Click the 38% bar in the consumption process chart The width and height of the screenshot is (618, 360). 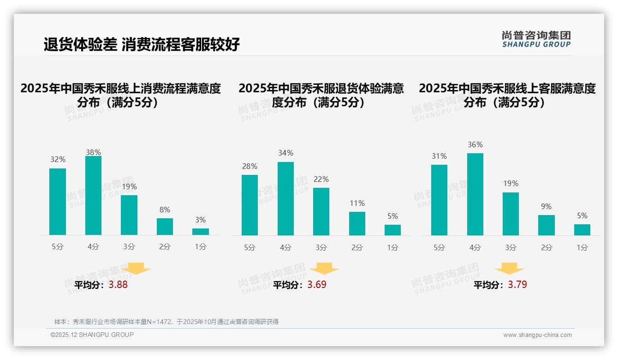pyautogui.click(x=93, y=196)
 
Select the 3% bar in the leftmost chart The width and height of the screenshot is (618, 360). pyautogui.click(x=201, y=232)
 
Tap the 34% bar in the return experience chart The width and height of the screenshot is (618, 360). pyautogui.click(x=285, y=198)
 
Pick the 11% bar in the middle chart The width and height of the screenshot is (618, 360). pyautogui.click(x=357, y=224)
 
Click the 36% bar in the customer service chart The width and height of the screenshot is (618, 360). pyautogui.click(x=475, y=194)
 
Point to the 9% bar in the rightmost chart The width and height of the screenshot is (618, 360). pyautogui.click(x=547, y=225)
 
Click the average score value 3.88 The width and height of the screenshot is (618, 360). pyautogui.click(x=118, y=285)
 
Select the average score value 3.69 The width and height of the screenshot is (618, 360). pyautogui.click(x=317, y=285)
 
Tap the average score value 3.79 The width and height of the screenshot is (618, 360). pyautogui.click(x=517, y=285)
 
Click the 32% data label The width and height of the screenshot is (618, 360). pyautogui.click(x=58, y=160)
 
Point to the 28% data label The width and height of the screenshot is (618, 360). pyautogui.click(x=250, y=167)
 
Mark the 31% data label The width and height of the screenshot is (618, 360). pyautogui.click(x=439, y=156)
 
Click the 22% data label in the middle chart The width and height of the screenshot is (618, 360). pyautogui.click(x=321, y=180)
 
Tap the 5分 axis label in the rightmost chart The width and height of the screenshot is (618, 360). pyautogui.click(x=439, y=248)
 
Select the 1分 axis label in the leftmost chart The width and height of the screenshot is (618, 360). pyautogui.click(x=201, y=247)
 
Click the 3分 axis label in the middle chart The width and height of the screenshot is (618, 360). pyautogui.click(x=321, y=248)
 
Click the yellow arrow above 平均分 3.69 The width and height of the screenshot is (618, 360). pyautogui.click(x=324, y=269)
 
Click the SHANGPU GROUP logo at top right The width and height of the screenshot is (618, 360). pyautogui.click(x=536, y=39)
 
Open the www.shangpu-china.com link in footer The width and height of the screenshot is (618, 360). pyautogui.click(x=537, y=335)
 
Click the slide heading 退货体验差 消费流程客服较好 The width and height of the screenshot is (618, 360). pyautogui.click(x=142, y=44)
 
